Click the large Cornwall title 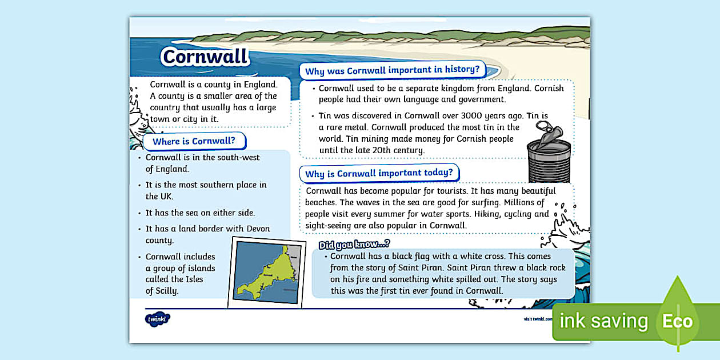click(206, 57)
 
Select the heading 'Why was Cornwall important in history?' click(393, 71)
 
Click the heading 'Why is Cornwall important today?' click(379, 173)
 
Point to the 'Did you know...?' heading click(354, 245)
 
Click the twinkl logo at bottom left click(157, 319)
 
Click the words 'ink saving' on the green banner click(603, 321)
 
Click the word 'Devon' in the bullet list click(258, 229)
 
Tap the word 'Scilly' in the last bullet click(166, 290)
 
